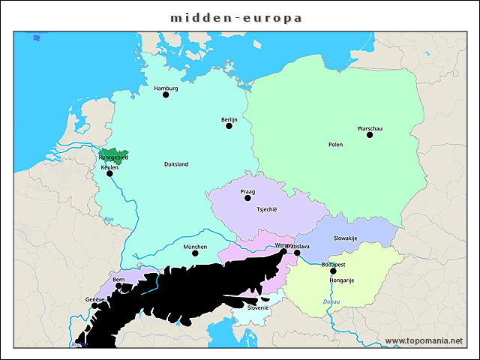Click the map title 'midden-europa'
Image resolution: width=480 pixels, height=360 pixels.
coord(235,16)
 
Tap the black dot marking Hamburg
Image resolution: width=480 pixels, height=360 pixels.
coord(166,94)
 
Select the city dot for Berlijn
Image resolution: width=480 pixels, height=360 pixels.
coord(229,125)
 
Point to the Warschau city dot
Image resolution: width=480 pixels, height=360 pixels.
coord(370,134)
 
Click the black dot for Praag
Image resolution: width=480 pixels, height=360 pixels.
coord(247,198)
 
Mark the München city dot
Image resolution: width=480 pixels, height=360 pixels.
coord(195,253)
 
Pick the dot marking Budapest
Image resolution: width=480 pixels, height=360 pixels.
coord(334,271)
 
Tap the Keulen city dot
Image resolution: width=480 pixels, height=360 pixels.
coord(109,173)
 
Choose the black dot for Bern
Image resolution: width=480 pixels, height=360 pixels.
coord(118,286)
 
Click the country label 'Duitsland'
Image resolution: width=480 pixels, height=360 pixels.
coord(176,163)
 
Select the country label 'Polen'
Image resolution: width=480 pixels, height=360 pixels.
coord(335,144)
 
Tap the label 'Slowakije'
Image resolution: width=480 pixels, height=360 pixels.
coord(346,238)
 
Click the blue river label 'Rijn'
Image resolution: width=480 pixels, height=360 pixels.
coord(108,219)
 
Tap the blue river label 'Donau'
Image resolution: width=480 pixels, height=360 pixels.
coord(331,301)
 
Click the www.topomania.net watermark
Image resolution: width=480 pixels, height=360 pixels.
coord(424,340)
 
